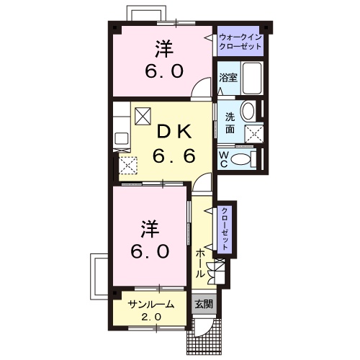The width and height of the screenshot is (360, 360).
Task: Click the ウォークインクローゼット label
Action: click(240, 42)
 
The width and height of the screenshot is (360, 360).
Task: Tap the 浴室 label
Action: click(228, 77)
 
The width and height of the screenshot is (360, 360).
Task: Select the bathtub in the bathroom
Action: click(251, 78)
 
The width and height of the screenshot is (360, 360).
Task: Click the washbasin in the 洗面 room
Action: click(248, 112)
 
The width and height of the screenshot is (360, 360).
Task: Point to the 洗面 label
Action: click(230, 123)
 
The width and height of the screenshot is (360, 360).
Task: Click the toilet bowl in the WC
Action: click(240, 159)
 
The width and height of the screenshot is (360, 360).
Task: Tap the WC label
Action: click(223, 160)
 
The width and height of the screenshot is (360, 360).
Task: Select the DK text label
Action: click(174, 132)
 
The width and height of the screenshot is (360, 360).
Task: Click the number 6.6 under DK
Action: click(174, 156)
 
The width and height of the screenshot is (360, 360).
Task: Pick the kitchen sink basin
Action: click(122, 139)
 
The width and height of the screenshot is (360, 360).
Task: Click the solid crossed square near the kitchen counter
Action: click(143, 116)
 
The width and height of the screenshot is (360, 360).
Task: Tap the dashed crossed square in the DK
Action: click(128, 165)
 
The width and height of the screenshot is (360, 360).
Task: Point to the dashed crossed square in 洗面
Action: click(254, 134)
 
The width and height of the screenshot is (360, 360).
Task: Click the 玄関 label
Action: click(204, 305)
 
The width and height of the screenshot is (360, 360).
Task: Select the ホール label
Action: click(201, 264)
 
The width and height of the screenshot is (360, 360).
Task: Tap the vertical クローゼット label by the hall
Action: click(225, 228)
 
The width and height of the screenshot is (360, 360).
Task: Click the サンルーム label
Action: click(150, 305)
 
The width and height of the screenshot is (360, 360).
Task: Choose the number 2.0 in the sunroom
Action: click(151, 318)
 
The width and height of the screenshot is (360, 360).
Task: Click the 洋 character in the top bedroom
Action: click(164, 49)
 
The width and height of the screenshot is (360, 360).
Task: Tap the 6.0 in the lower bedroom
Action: click(150, 251)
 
